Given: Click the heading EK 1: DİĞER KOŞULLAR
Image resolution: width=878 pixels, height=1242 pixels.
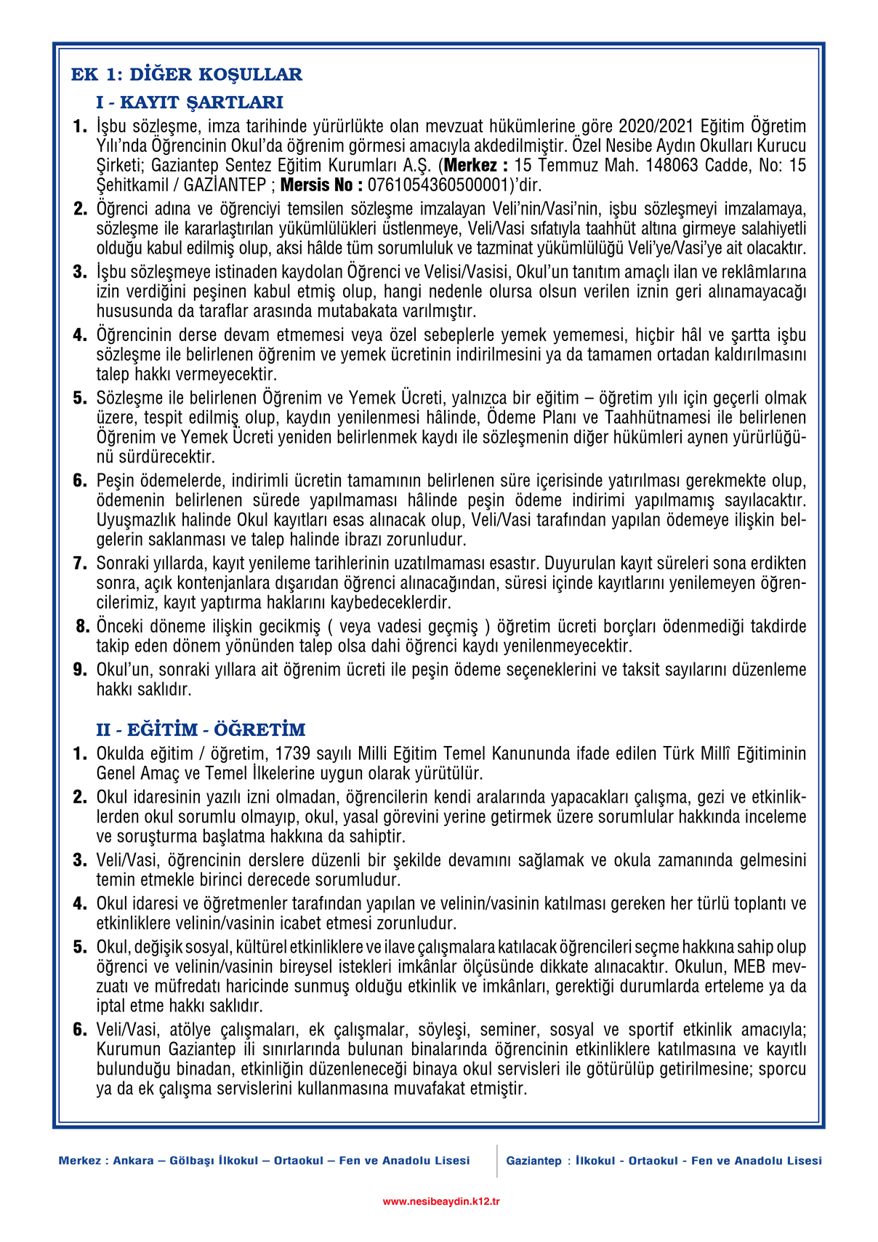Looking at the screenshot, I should point(187,74).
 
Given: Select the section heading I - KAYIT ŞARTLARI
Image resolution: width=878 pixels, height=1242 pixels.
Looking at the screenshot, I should point(190,102).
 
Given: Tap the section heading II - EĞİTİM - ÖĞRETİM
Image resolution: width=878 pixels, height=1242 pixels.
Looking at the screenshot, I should point(201,729).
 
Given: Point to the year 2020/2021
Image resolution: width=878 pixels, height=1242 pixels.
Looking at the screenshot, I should point(656,127).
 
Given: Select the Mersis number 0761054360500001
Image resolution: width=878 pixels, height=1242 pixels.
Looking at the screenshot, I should point(438,185).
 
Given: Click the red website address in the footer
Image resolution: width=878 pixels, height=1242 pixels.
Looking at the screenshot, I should point(441,1202).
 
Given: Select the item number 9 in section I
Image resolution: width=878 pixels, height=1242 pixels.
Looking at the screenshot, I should point(80,670).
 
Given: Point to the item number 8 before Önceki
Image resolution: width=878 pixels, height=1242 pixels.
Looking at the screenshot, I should point(82,626).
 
